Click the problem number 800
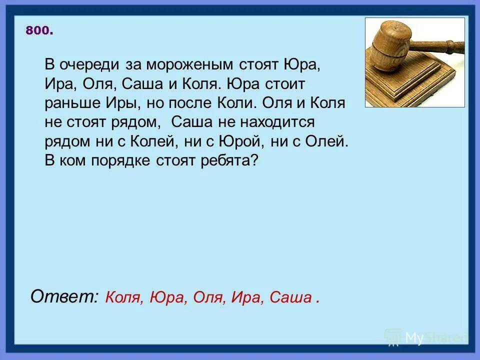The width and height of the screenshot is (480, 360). [38, 31]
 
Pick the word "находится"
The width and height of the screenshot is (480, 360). [280, 122]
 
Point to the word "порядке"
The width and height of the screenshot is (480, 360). [128, 161]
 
